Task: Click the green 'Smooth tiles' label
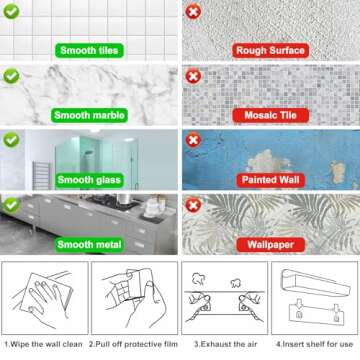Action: pyautogui.click(x=89, y=51)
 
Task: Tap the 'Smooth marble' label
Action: pyautogui.click(x=89, y=115)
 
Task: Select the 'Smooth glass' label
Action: pyautogui.click(x=89, y=180)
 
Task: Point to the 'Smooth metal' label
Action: pyautogui.click(x=89, y=245)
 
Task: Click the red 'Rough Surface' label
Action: pyautogui.click(x=270, y=51)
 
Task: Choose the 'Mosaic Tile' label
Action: pyautogui.click(x=270, y=115)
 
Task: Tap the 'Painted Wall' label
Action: pyautogui.click(x=270, y=180)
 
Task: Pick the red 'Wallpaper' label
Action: pyautogui.click(x=270, y=245)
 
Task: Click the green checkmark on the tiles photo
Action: pyautogui.click(x=11, y=12)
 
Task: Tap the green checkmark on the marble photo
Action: pyautogui.click(x=11, y=76)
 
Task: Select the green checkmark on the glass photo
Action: pyautogui.click(x=11, y=140)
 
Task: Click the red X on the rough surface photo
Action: pyautogui.click(x=193, y=12)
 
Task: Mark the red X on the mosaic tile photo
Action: pyautogui.click(x=193, y=77)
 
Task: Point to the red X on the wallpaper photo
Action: pyautogui.click(x=193, y=205)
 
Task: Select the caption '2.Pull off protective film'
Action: pyautogui.click(x=133, y=344)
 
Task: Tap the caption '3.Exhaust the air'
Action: pyautogui.click(x=226, y=344)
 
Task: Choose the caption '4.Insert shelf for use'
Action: pyautogui.click(x=314, y=344)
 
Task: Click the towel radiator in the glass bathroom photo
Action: pyautogui.click(x=41, y=175)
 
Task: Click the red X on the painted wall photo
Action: pyautogui.click(x=193, y=140)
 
